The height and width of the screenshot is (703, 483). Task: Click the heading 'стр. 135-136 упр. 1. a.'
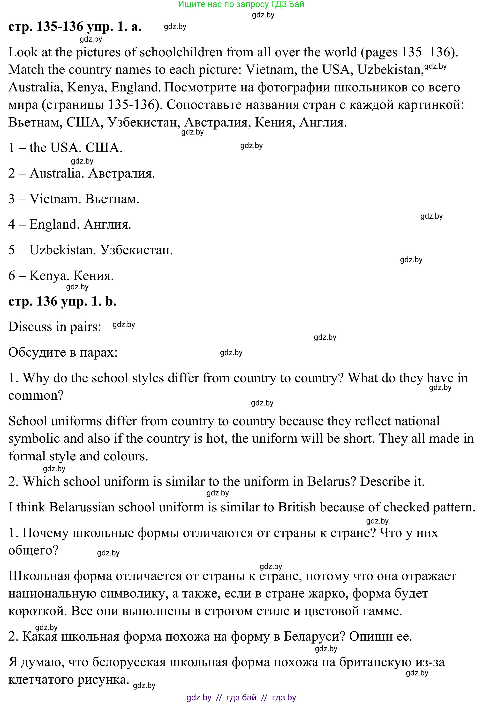[x=75, y=27]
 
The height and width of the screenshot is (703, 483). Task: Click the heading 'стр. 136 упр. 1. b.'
[x=62, y=301]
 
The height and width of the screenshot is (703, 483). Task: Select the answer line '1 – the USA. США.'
[x=65, y=148]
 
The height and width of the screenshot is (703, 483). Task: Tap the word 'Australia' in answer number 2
[x=57, y=173]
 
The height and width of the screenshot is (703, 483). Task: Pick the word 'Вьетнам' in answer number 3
[x=112, y=199]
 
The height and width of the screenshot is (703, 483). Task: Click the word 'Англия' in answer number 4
[x=107, y=224]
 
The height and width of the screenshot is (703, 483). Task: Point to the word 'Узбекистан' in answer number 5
[x=136, y=250]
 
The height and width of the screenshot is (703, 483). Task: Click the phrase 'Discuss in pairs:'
[x=55, y=327]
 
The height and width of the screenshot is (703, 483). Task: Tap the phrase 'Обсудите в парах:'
[x=63, y=352]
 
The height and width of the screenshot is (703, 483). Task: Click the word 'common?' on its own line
[x=36, y=395]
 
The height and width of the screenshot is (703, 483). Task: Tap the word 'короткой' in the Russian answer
[x=38, y=611]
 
